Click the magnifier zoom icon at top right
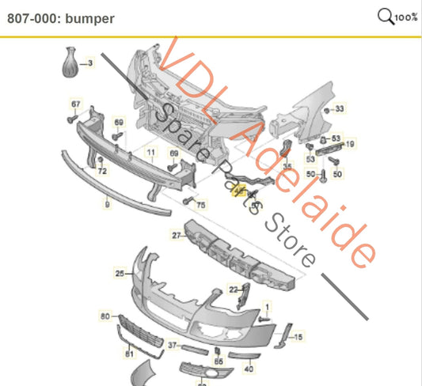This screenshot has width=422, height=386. coord(386,16)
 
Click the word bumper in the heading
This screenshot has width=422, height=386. coord(92,17)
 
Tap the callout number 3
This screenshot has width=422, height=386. coord(89,62)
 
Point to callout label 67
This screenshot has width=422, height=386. coord(76,104)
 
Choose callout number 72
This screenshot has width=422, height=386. coord(102,171)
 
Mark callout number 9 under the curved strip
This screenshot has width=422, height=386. coord(107,205)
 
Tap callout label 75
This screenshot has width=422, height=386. coord(200,205)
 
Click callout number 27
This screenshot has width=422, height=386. coord(177,235)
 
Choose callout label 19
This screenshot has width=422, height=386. coord(350,144)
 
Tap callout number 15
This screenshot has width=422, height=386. coord(298,338)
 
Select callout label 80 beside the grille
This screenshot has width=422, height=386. coord(105,317)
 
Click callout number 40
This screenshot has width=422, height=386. coord(249,369)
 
